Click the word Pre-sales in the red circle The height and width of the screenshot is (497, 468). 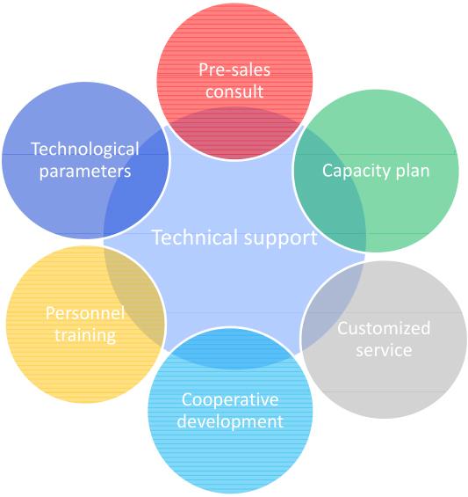click(234, 69)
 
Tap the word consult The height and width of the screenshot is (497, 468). click(234, 91)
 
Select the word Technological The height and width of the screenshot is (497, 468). click(85, 150)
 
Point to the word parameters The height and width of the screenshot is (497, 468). click(85, 172)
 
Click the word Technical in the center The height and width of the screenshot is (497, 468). click(195, 237)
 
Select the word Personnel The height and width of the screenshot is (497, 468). click(85, 313)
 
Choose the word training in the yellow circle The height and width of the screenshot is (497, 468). click(85, 335)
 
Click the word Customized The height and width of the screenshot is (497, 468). click(384, 328)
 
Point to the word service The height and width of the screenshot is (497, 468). click(384, 350)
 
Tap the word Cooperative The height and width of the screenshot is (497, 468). click(230, 399)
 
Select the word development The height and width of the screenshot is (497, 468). click(230, 421)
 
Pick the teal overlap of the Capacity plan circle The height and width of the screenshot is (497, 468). click(332, 196)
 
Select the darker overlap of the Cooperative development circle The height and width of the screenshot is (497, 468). click(230, 348)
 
